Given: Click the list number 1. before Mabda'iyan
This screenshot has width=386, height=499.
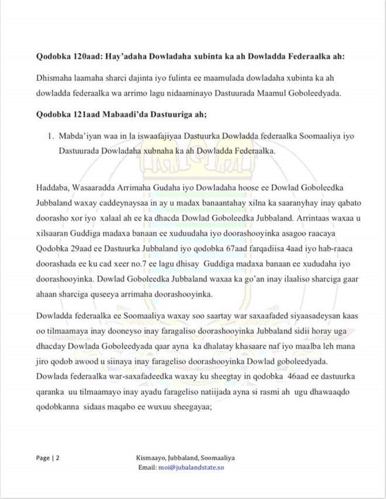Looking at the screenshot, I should pos(50,136).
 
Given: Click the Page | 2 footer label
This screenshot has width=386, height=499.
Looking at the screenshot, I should pos(47,458).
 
